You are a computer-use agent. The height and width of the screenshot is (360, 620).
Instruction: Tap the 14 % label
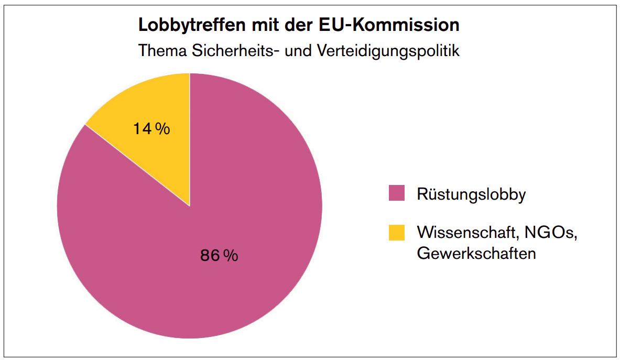tap(151, 129)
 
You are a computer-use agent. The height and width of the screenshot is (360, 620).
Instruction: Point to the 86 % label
tap(219, 256)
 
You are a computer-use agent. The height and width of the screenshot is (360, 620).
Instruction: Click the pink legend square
tap(397, 193)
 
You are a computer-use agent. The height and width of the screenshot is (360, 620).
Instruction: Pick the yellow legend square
tap(397, 233)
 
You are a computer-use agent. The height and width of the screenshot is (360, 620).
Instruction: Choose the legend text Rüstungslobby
tap(471, 194)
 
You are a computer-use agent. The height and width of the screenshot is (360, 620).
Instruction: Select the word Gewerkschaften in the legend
tap(476, 253)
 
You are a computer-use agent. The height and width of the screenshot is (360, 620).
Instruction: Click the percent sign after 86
tap(231, 256)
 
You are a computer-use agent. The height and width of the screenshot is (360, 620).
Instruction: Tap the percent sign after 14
tap(163, 129)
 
